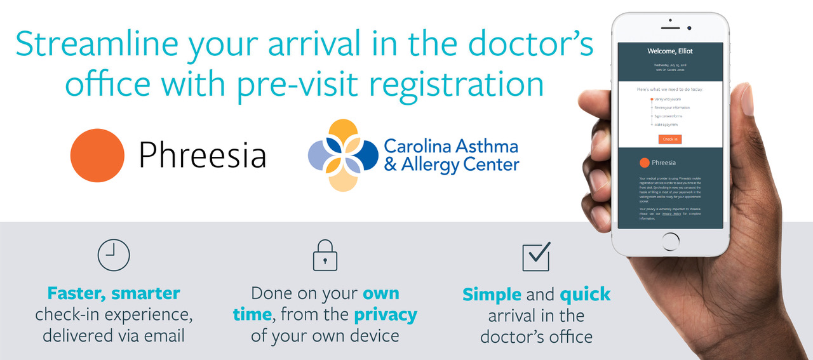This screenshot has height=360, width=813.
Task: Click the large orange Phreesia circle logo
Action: click(97, 155)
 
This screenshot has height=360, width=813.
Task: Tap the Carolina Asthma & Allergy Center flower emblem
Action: click(344, 155)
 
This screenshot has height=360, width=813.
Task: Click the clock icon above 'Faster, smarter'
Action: click(114, 255)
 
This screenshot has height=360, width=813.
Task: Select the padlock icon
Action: click(325, 256)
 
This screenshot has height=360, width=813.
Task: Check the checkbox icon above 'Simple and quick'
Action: click(535, 256)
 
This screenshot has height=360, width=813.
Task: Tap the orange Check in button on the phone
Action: click(669, 139)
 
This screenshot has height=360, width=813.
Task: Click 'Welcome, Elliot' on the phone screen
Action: click(670, 51)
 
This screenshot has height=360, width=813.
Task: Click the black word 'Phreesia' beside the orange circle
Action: click(202, 156)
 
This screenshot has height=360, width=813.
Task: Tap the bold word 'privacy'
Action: click(386, 314)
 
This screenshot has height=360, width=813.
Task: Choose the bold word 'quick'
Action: click(585, 295)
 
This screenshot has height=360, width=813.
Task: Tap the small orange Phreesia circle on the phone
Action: click(645, 163)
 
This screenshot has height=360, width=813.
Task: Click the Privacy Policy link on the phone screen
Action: click(671, 214)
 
